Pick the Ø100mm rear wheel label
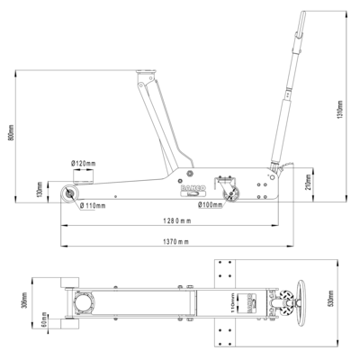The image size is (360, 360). point(211,205)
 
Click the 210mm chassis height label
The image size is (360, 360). point(309,184)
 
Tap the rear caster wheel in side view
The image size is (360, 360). point(232,192)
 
